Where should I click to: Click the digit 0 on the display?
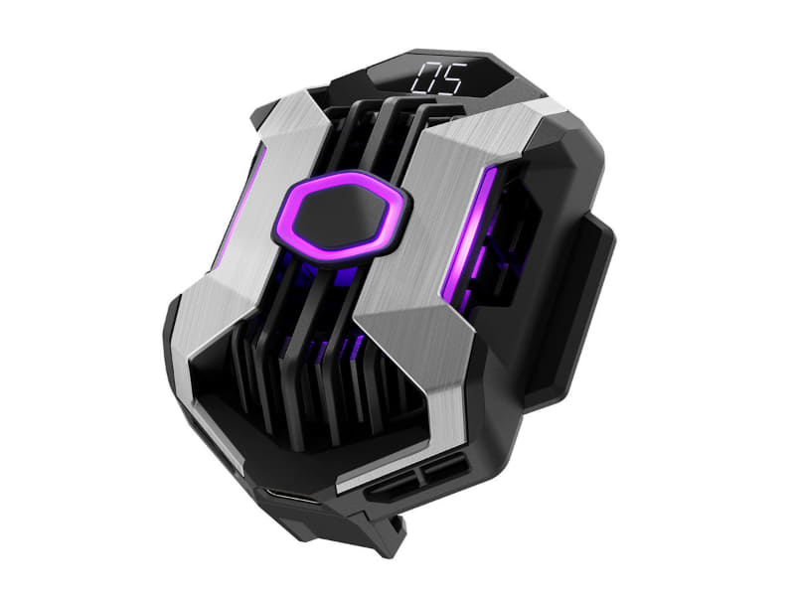pos(425,78)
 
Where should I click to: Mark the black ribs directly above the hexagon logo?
pos(368,139)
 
